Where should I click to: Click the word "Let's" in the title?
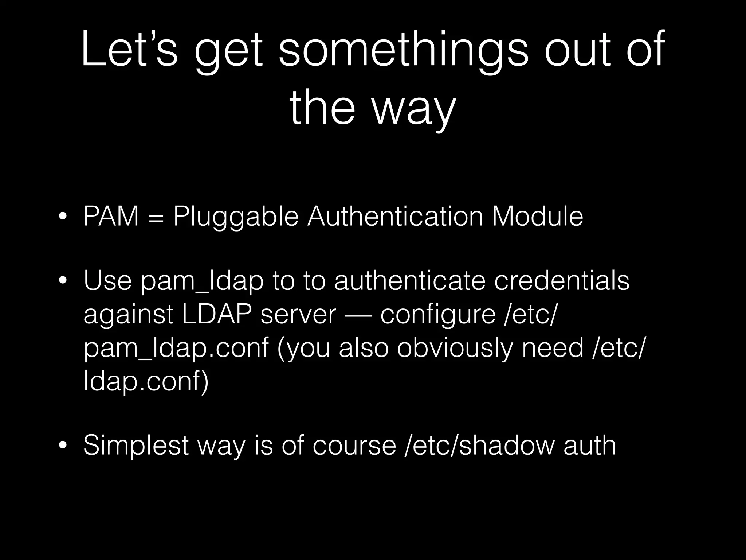(x=129, y=49)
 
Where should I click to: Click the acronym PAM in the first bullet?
(x=111, y=217)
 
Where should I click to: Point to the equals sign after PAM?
(x=156, y=217)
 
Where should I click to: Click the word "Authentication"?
(x=395, y=217)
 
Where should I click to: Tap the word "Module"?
(x=538, y=217)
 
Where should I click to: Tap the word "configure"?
(x=437, y=315)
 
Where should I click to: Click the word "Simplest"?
(x=136, y=445)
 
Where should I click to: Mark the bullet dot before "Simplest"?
(x=63, y=445)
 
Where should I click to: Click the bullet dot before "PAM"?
(x=63, y=217)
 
